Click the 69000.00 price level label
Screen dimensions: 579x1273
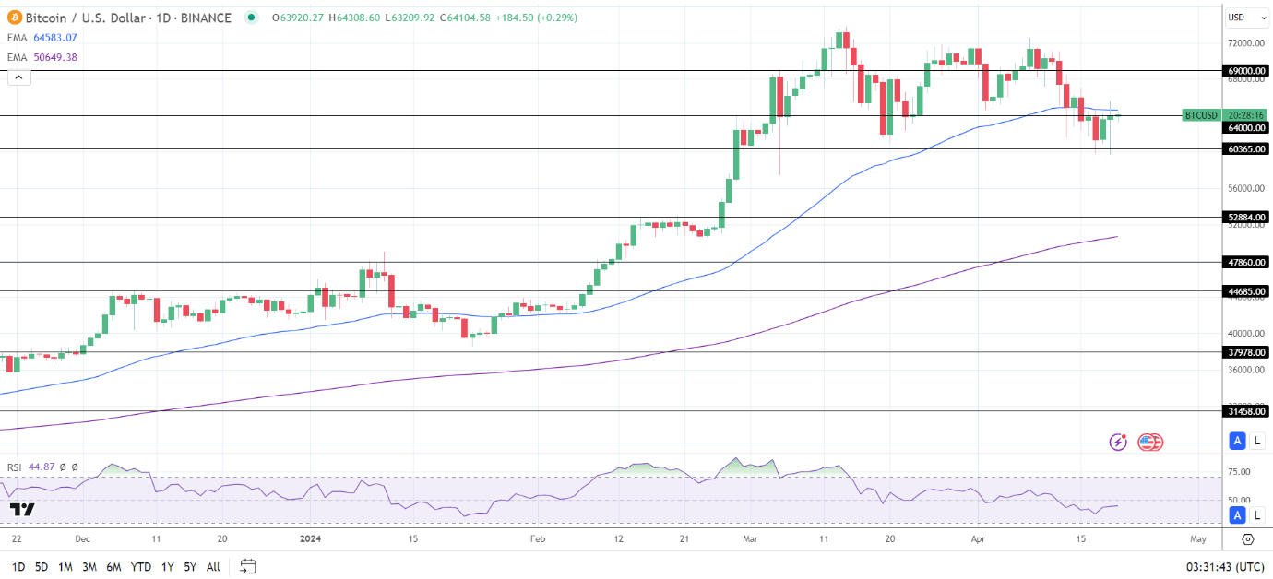(1246, 70)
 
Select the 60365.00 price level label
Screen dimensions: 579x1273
(1246, 148)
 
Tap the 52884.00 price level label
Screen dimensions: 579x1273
(1246, 218)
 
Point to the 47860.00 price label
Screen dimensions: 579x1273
(1246, 262)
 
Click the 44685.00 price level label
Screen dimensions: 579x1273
(1246, 291)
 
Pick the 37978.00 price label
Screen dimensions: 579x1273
(1246, 352)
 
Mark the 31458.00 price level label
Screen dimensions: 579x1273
(1246, 411)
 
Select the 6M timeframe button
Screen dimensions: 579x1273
(113, 567)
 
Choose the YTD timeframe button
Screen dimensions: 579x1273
(141, 567)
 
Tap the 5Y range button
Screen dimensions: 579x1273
(189, 567)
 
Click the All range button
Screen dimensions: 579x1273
(213, 567)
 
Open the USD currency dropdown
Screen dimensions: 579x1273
(1242, 18)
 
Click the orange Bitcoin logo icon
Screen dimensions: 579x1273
(13, 18)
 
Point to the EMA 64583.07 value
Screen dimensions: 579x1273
(54, 38)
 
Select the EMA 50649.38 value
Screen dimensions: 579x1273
(54, 57)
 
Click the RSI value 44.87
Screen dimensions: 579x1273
(41, 467)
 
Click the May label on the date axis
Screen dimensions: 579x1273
(1197, 538)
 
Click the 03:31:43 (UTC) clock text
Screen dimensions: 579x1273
(1224, 567)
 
